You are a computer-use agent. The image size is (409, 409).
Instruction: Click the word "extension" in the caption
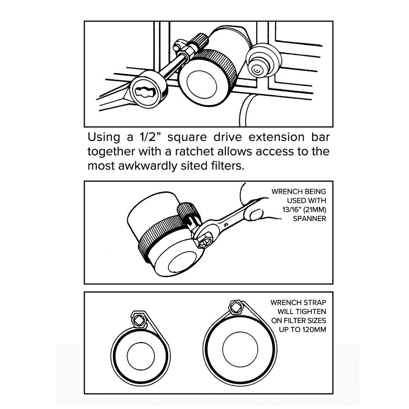[x=276, y=137]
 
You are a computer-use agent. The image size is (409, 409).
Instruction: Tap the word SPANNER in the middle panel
[x=309, y=218]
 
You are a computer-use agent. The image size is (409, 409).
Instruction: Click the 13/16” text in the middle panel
[x=292, y=209]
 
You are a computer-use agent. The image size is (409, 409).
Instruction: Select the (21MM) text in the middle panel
[x=315, y=210]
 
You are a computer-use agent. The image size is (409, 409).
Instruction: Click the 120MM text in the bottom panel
[x=314, y=329]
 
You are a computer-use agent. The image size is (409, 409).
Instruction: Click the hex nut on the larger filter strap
[x=236, y=307]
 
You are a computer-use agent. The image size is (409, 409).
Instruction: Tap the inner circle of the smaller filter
[x=141, y=356]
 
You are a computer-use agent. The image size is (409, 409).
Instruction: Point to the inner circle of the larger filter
[x=240, y=349]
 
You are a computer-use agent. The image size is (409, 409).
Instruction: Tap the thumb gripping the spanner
[x=257, y=214]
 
